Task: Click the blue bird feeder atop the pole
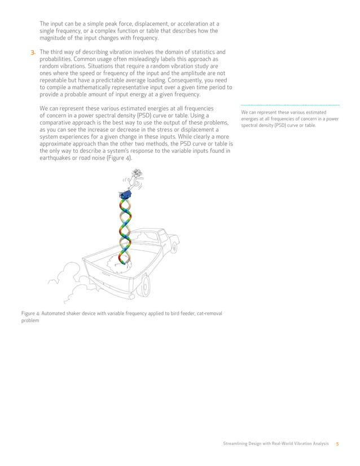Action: pos(125,195)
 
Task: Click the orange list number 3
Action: pos(33,52)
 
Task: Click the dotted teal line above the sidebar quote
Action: pos(290,105)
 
